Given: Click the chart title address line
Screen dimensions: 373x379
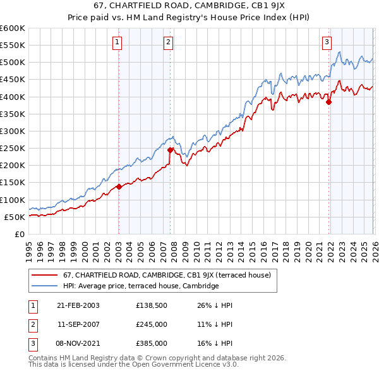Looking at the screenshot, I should click(x=189, y=6).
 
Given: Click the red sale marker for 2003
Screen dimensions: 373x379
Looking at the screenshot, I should click(x=119, y=186).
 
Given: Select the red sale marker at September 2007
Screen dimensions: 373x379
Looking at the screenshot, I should click(x=170, y=150).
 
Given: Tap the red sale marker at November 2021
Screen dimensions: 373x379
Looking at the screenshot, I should click(x=328, y=102).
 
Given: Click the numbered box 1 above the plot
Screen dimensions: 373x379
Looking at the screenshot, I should click(x=118, y=42).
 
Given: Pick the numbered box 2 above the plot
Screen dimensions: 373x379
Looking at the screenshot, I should click(x=169, y=42).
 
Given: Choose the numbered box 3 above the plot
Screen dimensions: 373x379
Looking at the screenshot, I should click(x=327, y=42).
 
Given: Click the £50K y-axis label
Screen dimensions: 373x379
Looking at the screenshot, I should click(x=15, y=217).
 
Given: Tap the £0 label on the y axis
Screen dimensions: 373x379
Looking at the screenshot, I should click(x=20, y=234).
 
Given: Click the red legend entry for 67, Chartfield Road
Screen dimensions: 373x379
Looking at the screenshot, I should click(x=167, y=275).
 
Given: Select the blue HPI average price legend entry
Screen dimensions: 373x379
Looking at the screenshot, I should click(x=140, y=286).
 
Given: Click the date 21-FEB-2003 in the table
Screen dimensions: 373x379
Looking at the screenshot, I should click(x=78, y=305).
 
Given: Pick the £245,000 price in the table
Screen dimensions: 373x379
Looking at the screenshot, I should click(x=151, y=324).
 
